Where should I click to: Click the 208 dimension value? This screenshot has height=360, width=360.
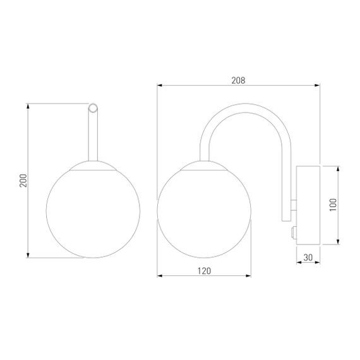(238, 80)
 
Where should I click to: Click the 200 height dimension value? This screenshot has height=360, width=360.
(23, 181)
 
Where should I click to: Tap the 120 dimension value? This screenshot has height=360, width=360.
(204, 271)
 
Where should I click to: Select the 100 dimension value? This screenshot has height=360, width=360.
(333, 205)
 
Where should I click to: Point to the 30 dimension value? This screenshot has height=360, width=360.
(308, 258)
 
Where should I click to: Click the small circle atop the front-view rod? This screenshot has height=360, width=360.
(93, 108)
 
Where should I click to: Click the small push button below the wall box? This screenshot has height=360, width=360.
(294, 232)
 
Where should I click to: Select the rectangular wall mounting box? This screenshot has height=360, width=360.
(308, 205)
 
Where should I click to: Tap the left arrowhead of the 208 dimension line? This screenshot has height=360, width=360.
(160, 85)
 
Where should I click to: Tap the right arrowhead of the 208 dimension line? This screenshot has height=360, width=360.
(317, 85)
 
